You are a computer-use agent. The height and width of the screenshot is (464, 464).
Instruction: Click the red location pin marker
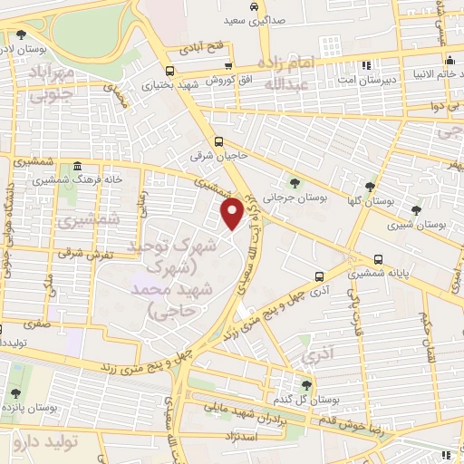click(232, 213)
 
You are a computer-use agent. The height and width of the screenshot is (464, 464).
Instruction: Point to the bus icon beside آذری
click(318, 275)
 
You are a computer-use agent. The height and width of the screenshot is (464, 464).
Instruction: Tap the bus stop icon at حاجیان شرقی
click(219, 141)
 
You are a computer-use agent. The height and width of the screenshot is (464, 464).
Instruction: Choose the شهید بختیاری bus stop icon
click(169, 71)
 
